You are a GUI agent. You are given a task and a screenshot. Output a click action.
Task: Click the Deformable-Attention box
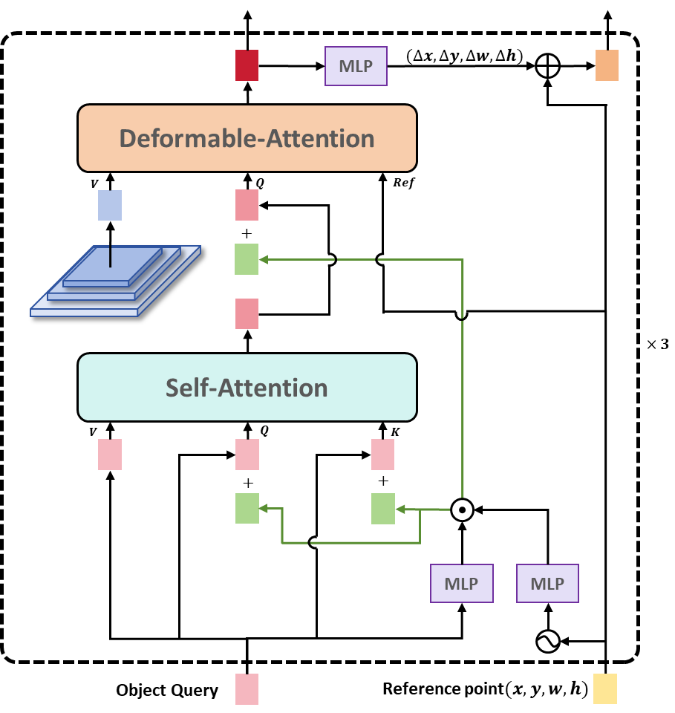point(247,138)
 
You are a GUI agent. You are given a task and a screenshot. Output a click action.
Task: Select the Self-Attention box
point(247,387)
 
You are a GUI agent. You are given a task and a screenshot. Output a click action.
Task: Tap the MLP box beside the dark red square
point(356,66)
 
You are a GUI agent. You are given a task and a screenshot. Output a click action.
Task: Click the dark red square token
point(247,65)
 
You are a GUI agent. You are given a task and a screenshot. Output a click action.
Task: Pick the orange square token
point(607,65)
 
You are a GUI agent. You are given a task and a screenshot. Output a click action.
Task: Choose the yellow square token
point(605,688)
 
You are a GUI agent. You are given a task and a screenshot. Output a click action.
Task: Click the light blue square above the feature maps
point(110,205)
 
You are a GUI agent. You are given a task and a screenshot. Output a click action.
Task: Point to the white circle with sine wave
point(547,642)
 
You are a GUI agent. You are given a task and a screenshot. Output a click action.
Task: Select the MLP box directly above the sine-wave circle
point(547,583)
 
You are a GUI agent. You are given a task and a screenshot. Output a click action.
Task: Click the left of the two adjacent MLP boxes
point(461,583)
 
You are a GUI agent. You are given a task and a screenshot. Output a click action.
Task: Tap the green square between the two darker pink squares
point(247,259)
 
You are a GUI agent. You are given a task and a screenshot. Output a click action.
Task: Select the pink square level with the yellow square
point(247,688)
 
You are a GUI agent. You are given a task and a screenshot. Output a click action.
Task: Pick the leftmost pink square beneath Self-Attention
point(110,454)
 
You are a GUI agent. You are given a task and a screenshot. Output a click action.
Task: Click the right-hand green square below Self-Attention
point(382,509)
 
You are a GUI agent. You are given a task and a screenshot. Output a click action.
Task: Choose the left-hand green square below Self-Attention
point(247,509)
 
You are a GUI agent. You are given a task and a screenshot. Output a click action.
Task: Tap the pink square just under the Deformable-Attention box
point(247,205)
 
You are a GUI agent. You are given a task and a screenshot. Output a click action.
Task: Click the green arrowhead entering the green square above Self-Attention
point(263,259)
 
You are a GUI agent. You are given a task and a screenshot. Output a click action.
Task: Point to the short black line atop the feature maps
point(110,255)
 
